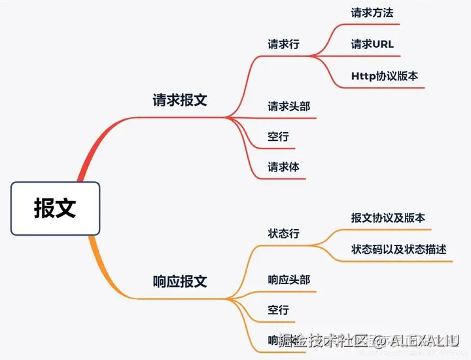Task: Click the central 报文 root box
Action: pyautogui.click(x=56, y=208)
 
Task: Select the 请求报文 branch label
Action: pyautogui.click(x=180, y=100)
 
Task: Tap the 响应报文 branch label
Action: pyautogui.click(x=180, y=281)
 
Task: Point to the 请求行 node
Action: pyautogui.click(x=283, y=45)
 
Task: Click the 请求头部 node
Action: pyautogui.click(x=288, y=106)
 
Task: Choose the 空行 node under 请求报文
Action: pyautogui.click(x=278, y=137)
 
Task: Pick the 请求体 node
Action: pyautogui.click(x=283, y=167)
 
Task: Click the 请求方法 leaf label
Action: pyautogui.click(x=372, y=12)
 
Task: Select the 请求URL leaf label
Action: pyautogui.click(x=372, y=44)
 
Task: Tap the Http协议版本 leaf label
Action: pyautogui.click(x=385, y=76)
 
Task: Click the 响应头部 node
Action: pyautogui.click(x=288, y=280)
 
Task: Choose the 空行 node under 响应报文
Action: pyautogui.click(x=278, y=310)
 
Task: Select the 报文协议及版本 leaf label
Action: pyautogui.click(x=388, y=218)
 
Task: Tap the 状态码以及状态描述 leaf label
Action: pyautogui.click(x=398, y=249)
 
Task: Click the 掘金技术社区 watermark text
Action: pyautogui.click(x=317, y=340)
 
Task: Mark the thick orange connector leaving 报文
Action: pyautogui.click(x=98, y=262)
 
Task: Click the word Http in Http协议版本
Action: pyautogui.click(x=363, y=76)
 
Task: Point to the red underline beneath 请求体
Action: pyautogui.click(x=281, y=179)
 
